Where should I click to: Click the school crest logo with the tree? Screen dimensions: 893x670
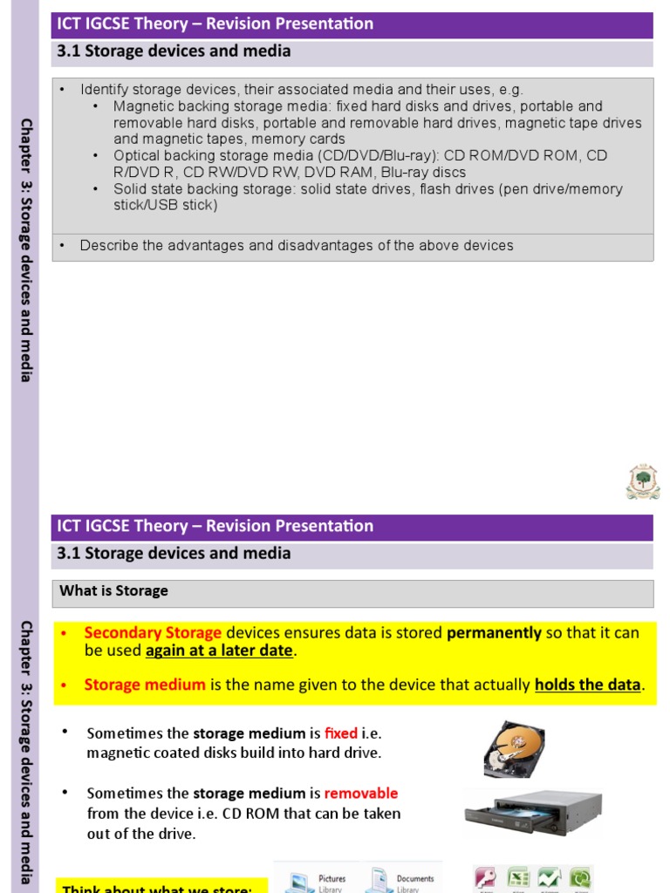643,481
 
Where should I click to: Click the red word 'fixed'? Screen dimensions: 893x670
340,733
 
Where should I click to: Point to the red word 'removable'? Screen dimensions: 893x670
360,794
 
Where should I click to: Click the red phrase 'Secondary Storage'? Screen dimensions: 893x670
153,633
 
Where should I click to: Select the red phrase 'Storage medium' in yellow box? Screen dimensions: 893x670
145,685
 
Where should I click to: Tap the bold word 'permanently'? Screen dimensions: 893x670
494,633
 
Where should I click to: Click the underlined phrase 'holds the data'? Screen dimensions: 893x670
587,685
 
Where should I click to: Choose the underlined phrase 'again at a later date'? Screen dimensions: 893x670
219,651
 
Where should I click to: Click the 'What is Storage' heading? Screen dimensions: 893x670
113,591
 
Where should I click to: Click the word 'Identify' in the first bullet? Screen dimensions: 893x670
104,90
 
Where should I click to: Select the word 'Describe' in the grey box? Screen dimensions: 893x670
108,246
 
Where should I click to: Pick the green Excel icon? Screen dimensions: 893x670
518,878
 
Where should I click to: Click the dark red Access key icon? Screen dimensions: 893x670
485,878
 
